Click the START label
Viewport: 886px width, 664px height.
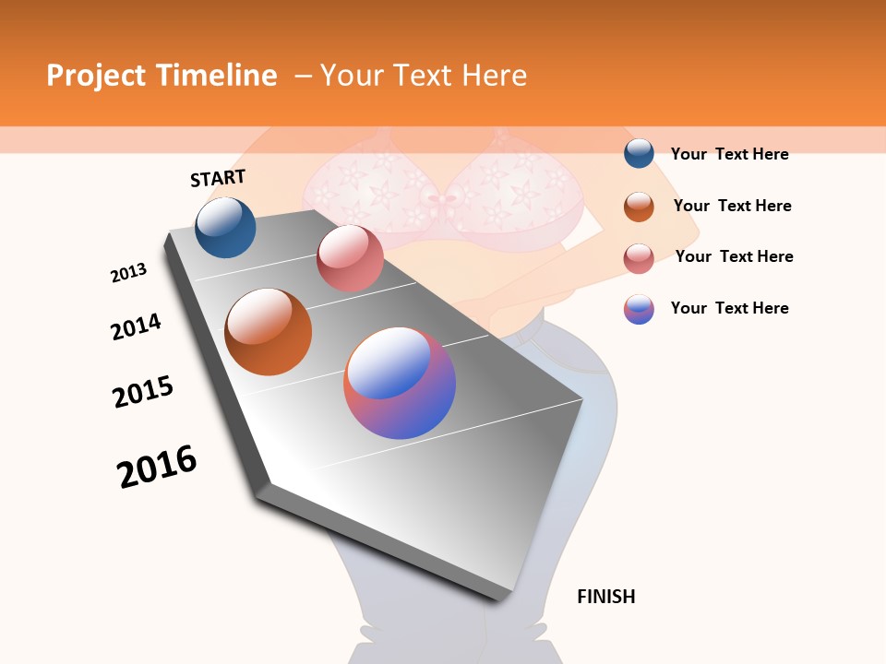click(218, 178)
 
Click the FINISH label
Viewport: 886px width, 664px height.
click(605, 597)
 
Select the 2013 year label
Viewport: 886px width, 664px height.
click(128, 273)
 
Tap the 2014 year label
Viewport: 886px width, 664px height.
click(136, 326)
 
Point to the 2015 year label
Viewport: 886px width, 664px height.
click(143, 392)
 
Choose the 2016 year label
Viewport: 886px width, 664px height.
click(157, 467)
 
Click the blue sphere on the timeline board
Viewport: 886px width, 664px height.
click(225, 228)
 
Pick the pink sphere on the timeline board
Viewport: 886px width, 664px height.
click(349, 258)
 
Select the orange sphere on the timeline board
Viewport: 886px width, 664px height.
click(269, 332)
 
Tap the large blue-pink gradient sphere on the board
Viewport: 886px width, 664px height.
click(400, 383)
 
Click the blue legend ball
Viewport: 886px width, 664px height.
click(639, 154)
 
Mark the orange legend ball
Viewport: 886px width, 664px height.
click(639, 207)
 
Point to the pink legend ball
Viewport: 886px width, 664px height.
click(639, 258)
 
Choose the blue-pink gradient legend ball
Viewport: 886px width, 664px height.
click(639, 309)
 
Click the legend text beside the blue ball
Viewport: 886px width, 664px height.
click(729, 155)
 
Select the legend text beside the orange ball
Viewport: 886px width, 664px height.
click(732, 206)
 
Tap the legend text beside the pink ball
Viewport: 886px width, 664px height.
click(734, 256)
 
